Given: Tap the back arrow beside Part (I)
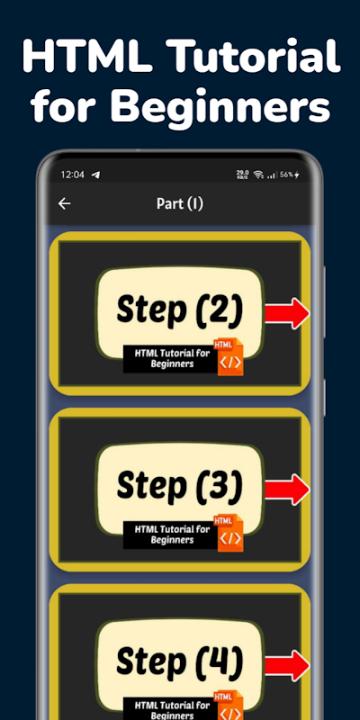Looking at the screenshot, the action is (64, 203).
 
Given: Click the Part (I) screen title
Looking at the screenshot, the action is (179, 203).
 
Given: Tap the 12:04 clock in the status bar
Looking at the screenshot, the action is (73, 175).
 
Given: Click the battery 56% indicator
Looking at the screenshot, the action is (290, 175).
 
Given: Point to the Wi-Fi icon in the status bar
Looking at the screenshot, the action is (258, 175).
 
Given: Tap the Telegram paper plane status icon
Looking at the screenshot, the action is (95, 175).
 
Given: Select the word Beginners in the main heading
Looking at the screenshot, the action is (220, 106).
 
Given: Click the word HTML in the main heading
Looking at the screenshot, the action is (87, 56).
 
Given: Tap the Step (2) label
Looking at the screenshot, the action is (179, 310).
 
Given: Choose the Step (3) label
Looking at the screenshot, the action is (179, 485).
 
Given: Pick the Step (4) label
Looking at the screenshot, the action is (179, 661).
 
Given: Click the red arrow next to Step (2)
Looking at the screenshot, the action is (287, 313).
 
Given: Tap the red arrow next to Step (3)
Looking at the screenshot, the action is (287, 490).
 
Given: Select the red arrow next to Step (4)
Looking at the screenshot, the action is (287, 665).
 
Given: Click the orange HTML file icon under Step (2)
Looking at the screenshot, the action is (229, 356).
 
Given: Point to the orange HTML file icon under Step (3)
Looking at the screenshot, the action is (229, 533).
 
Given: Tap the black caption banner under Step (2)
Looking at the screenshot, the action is (171, 358).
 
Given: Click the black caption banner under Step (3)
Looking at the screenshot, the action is (171, 535).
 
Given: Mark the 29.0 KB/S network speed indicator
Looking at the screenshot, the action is (242, 175).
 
